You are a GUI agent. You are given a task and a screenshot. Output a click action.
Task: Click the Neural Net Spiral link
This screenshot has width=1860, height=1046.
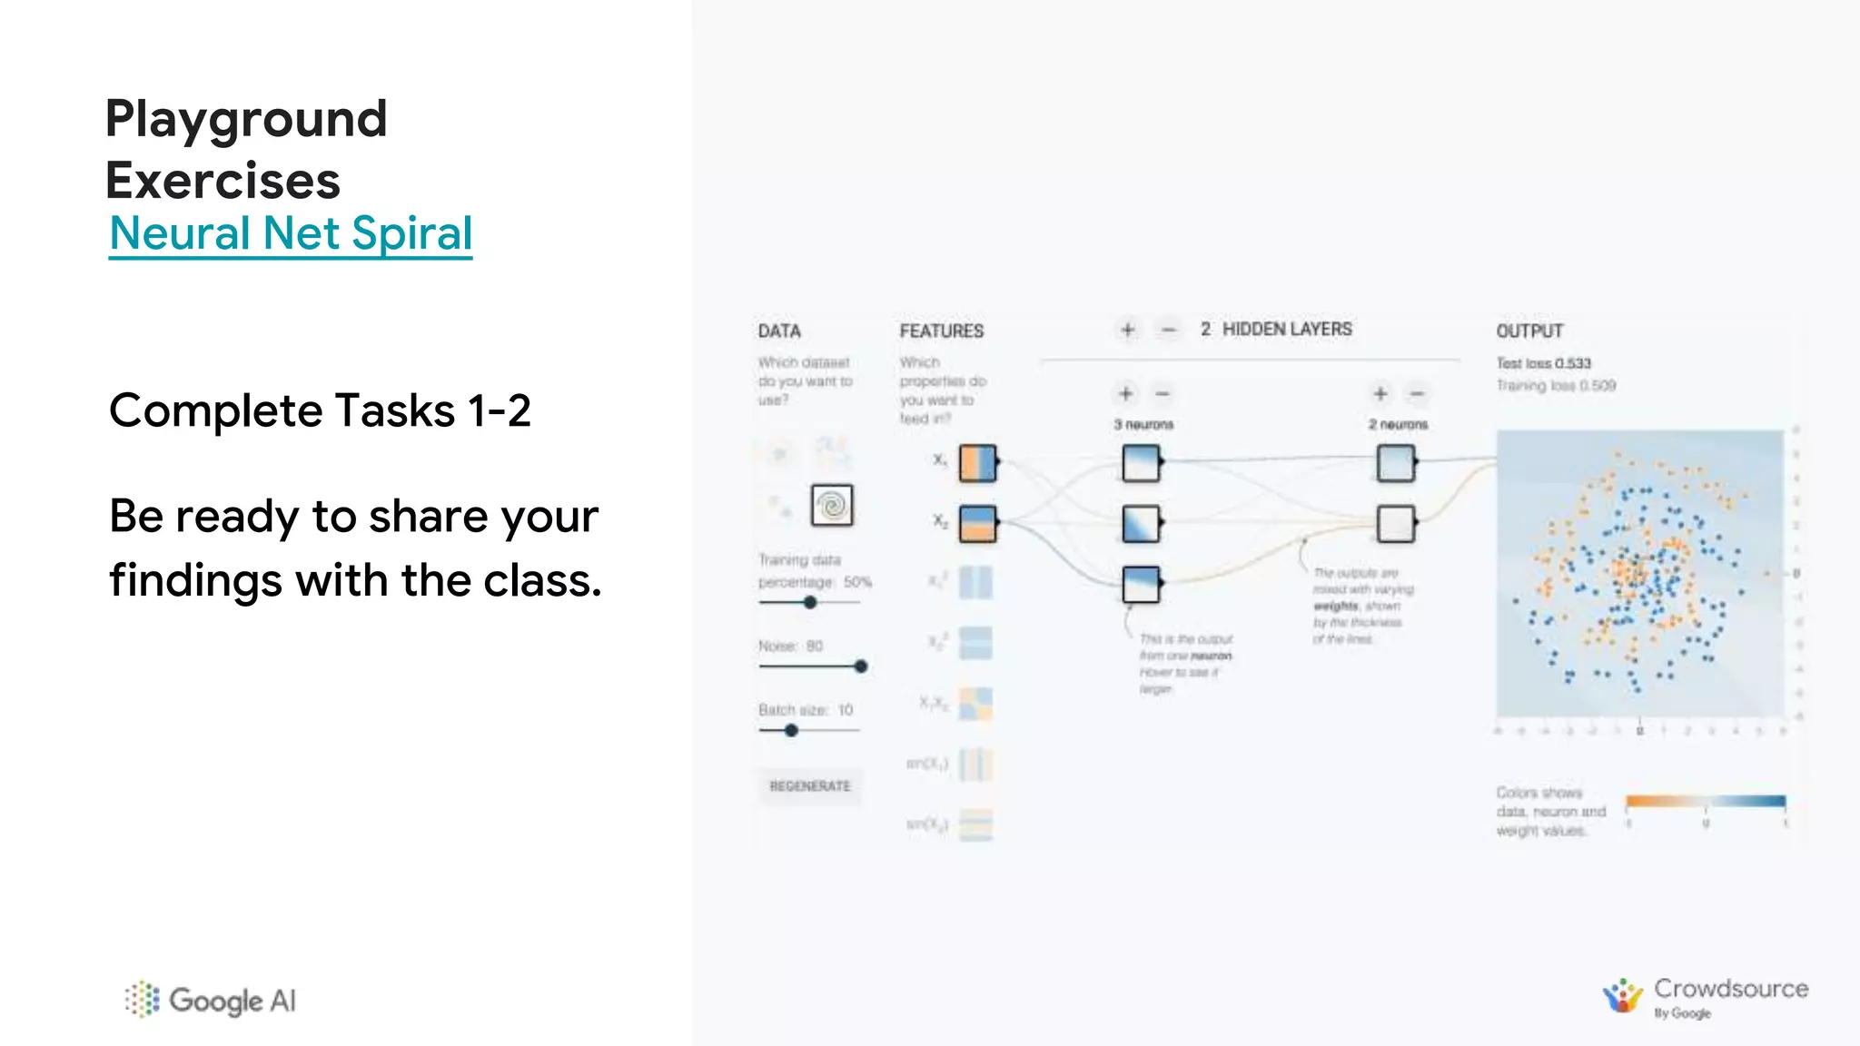291,233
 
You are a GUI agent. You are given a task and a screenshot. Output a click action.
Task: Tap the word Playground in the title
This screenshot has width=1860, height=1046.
246,119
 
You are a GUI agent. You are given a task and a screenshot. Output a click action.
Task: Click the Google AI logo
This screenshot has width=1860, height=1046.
211,1000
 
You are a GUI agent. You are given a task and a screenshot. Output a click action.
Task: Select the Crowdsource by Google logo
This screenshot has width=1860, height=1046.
1705,998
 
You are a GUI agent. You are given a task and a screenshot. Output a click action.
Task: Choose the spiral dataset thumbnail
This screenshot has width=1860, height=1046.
832,505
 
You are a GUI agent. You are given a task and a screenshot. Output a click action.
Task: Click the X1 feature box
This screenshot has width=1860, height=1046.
977,462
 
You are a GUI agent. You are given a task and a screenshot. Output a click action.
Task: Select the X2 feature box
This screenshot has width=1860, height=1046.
977,523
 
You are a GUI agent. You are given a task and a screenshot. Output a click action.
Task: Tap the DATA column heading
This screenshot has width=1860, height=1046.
779,331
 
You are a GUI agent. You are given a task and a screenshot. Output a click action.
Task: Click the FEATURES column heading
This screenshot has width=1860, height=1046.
941,331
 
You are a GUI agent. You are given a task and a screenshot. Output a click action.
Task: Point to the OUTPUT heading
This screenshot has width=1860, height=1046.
1529,331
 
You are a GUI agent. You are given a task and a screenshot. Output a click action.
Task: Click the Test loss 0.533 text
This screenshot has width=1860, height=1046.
1543,363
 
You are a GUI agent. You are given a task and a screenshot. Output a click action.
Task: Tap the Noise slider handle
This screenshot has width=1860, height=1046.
860,666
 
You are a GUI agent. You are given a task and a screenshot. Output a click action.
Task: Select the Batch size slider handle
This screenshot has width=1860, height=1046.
791,730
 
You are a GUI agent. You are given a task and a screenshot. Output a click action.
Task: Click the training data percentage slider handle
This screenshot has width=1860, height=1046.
810,602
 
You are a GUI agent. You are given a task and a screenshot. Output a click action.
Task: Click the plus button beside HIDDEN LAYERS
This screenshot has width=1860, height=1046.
1127,330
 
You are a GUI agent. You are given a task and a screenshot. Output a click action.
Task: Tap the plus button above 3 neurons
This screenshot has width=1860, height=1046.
1125,393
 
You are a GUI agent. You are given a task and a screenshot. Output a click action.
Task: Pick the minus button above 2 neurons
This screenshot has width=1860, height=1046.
1416,393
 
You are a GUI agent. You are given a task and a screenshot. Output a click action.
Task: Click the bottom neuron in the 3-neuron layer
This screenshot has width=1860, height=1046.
1141,584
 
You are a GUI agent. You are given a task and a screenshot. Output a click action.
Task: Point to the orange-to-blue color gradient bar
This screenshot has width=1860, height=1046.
1706,801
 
